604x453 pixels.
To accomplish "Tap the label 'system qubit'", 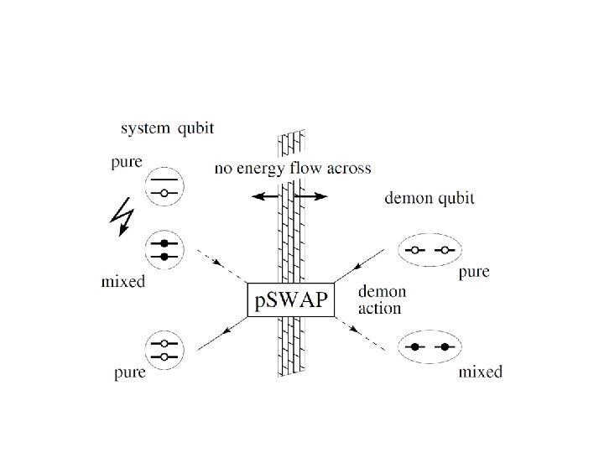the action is [167, 128].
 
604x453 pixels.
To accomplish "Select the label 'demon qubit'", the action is [430, 198].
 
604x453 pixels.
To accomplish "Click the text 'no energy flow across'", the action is [293, 169].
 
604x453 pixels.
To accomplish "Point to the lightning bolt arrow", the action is [122, 216].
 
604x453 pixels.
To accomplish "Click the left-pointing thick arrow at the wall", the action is [266, 196].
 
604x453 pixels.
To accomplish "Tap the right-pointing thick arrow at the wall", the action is [310, 196].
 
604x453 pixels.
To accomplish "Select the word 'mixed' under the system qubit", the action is [123, 282].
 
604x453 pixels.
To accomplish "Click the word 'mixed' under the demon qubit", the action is [481, 372].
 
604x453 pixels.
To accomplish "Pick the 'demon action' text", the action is [383, 300].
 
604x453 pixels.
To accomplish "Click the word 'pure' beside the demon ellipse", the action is [474, 273].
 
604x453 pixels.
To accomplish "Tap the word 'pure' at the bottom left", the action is [130, 372].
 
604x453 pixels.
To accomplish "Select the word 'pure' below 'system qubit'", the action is [127, 162].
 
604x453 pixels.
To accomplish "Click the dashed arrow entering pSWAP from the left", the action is [221, 266].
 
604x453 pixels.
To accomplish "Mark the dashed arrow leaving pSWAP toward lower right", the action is [360, 334].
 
